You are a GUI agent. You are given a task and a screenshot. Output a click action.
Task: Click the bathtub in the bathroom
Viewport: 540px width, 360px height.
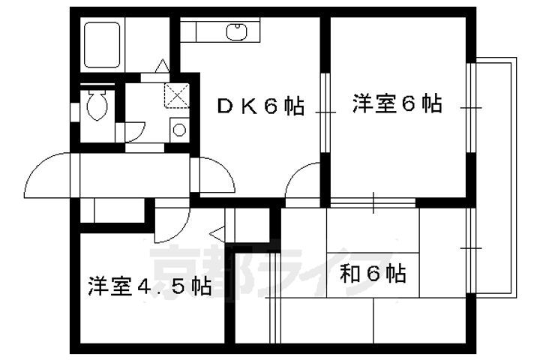102,45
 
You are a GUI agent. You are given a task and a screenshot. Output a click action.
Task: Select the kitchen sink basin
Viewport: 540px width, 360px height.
236,31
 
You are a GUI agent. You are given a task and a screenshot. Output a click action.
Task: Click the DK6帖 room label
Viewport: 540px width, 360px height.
261,106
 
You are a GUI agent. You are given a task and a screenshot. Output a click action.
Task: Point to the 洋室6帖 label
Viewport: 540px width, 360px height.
397,103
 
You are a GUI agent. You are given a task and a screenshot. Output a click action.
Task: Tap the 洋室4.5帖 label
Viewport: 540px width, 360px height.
149,286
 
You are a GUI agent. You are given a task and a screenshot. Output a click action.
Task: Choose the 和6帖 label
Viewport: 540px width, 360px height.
373,273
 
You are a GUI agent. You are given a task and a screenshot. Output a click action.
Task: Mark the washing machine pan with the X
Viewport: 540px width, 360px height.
177,95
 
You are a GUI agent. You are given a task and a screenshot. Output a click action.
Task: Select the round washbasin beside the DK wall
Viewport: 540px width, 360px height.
179,130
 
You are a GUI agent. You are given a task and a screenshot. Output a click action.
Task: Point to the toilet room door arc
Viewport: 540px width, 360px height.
135,131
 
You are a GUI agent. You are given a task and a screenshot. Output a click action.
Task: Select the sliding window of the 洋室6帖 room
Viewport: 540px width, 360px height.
470,107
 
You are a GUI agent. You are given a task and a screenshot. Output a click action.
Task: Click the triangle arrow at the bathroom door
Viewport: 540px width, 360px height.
162,66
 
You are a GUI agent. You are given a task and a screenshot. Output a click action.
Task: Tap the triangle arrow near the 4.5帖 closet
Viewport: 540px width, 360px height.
217,234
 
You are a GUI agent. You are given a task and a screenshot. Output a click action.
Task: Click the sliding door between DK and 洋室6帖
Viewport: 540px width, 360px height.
325,112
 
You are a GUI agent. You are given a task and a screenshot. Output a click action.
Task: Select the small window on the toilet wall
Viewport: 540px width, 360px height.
75,112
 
